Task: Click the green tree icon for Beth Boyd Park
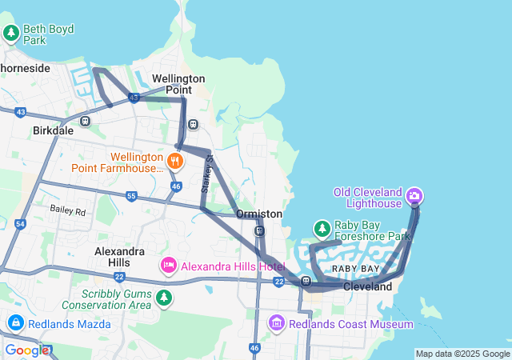click(11, 33)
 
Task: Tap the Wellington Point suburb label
click(178, 84)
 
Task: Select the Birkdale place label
click(53, 130)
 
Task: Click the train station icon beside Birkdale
click(86, 122)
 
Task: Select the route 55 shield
click(131, 196)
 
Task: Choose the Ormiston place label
click(258, 214)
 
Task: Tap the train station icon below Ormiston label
click(259, 231)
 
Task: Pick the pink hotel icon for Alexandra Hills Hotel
click(169, 265)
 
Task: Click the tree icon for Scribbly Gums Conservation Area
click(164, 298)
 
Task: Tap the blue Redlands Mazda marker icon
click(15, 322)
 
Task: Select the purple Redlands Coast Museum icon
click(277, 323)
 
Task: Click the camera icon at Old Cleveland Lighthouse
click(414, 195)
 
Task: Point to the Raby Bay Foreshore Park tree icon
click(322, 230)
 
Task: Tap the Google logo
click(27, 350)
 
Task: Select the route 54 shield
click(20, 225)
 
